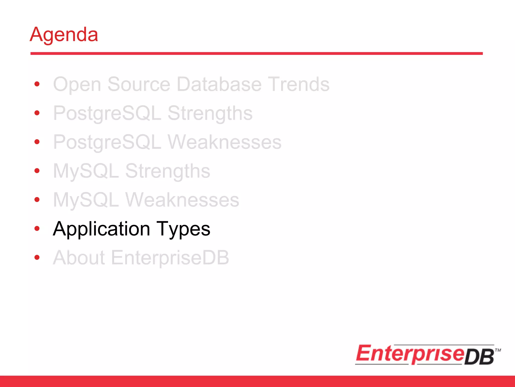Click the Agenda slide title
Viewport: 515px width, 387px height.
point(64,35)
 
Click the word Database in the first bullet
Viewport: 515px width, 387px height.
point(219,84)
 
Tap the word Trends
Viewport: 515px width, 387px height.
point(298,84)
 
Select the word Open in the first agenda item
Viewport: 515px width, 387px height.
point(77,85)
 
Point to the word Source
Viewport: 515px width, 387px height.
point(139,84)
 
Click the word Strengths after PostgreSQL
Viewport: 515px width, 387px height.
point(210,113)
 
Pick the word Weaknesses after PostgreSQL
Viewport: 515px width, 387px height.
point(225,142)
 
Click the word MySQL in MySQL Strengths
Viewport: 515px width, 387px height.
point(86,171)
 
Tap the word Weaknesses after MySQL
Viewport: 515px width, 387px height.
point(182,200)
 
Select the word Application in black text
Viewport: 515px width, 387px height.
point(102,229)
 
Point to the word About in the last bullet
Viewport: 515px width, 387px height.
point(79,258)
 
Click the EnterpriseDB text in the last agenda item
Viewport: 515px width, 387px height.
point(170,258)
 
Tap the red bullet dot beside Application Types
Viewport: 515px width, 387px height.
point(37,229)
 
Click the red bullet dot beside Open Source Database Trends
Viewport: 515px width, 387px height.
point(37,84)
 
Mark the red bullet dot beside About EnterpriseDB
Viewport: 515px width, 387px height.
point(37,257)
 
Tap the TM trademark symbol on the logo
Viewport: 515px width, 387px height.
point(498,350)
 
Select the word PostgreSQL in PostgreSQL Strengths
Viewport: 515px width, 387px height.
point(107,113)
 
